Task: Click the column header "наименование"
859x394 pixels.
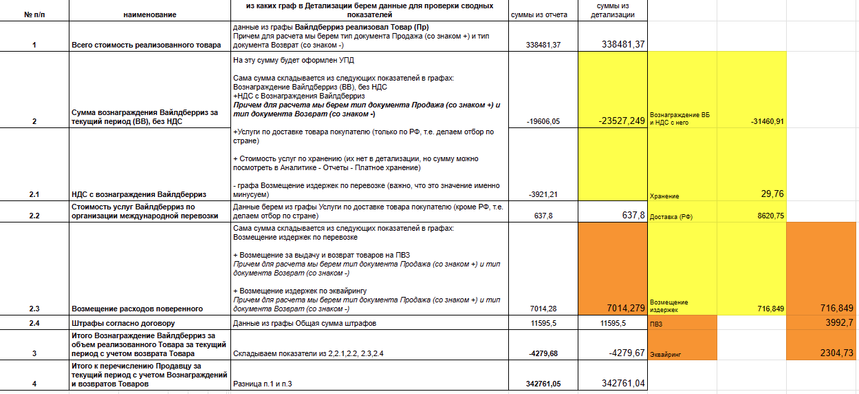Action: point(150,14)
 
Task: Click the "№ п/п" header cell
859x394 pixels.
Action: point(34,14)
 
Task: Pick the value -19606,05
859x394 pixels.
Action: point(543,121)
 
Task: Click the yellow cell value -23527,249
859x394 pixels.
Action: point(622,121)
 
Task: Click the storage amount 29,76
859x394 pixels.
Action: point(772,194)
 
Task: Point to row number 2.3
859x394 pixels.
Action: point(34,309)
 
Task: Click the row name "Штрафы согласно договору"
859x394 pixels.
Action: point(123,323)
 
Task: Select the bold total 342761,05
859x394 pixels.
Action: point(543,384)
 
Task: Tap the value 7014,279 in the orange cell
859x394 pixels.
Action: point(622,307)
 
